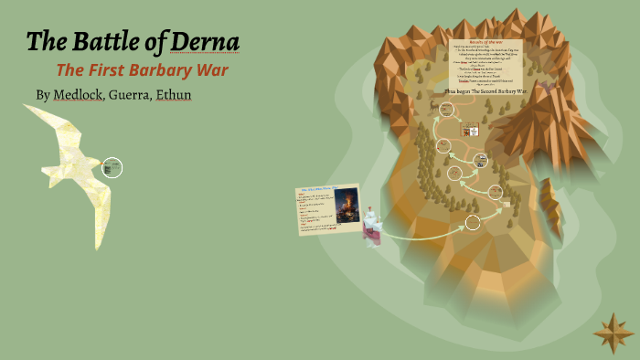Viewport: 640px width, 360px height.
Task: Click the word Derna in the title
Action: [x=208, y=42]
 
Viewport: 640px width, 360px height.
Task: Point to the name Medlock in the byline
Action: [x=78, y=94]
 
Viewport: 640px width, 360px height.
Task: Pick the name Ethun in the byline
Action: [x=173, y=94]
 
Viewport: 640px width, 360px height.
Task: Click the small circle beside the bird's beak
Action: [x=112, y=167]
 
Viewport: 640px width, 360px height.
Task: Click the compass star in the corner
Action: [x=613, y=333]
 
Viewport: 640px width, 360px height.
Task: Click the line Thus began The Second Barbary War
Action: [x=485, y=92]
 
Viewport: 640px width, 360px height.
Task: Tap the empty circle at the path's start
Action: [x=472, y=222]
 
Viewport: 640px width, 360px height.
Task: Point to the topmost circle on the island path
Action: [x=446, y=110]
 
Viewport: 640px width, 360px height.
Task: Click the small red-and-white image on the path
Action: [x=465, y=131]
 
